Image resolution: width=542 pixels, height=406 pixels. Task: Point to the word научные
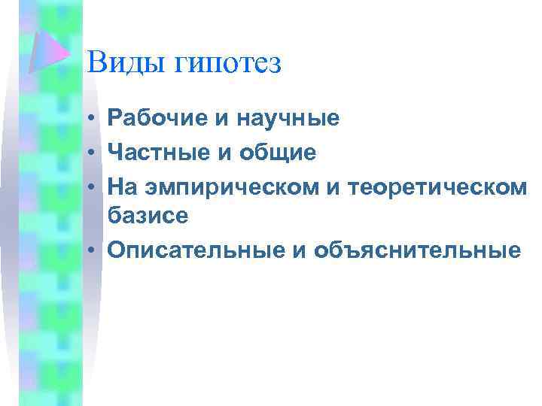click(x=289, y=118)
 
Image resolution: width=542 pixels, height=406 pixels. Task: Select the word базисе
click(x=147, y=217)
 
